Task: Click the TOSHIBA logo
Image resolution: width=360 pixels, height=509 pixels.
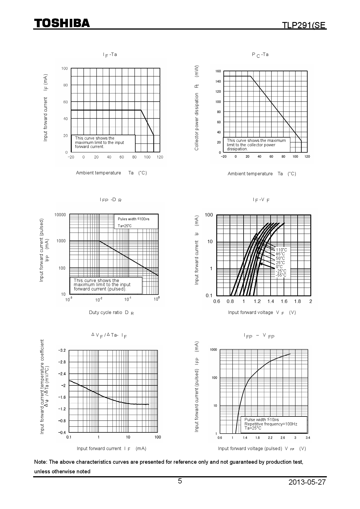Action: (62, 24)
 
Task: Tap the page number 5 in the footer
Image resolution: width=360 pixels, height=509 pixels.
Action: (180, 481)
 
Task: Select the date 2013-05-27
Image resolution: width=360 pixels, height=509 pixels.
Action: (307, 482)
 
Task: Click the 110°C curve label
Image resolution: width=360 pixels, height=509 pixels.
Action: (281, 250)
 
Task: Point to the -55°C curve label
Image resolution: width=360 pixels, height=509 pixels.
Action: (281, 275)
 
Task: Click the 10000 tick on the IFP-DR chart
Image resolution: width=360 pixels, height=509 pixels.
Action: (60, 215)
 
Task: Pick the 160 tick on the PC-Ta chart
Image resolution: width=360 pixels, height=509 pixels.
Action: (218, 71)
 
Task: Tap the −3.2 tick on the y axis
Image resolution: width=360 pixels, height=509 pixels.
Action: (62, 351)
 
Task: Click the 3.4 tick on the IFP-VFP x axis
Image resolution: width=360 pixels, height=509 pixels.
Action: (308, 438)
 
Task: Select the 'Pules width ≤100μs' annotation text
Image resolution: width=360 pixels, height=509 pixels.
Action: (134, 219)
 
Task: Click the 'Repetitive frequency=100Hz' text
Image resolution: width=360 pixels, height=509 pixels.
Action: (271, 424)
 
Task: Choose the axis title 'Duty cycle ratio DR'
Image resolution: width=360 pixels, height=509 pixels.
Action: (111, 313)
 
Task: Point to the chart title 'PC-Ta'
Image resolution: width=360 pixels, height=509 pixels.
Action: (260, 55)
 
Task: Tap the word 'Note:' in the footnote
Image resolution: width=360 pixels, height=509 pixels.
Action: (41, 462)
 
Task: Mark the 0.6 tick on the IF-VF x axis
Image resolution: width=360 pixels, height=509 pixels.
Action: (217, 301)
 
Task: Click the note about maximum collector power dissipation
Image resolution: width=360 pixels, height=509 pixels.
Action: (256, 145)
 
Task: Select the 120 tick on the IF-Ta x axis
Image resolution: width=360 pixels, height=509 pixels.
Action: (160, 157)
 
